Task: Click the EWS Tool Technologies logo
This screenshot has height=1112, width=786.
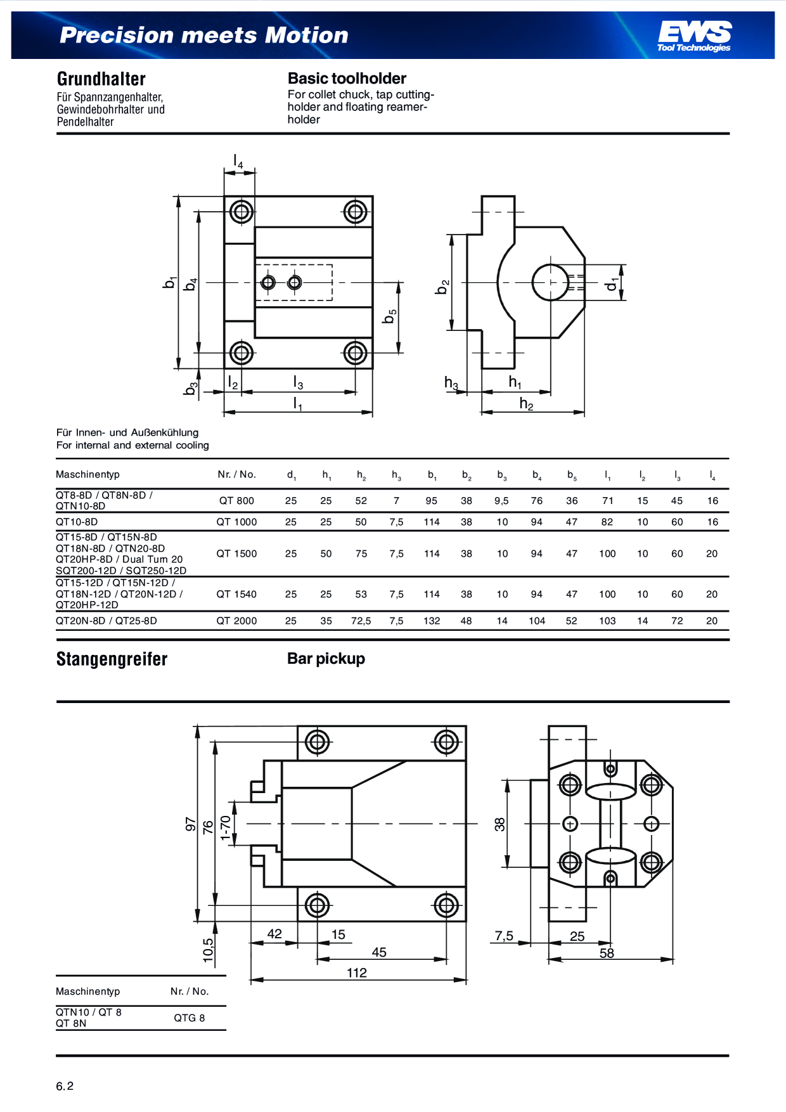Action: [x=694, y=36]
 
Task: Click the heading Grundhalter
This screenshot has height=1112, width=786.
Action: [x=101, y=79]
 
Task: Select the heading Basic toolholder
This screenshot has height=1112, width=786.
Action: [x=347, y=79]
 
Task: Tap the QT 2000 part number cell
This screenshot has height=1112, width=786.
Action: [x=236, y=621]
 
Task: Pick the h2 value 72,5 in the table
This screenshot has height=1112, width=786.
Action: [x=361, y=621]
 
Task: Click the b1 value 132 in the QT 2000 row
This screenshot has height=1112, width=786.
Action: [x=432, y=621]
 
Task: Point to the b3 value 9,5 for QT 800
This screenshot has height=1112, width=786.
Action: [x=501, y=501]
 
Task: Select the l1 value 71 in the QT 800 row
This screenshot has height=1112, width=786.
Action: [x=607, y=501]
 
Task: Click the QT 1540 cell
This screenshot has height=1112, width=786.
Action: [x=236, y=595]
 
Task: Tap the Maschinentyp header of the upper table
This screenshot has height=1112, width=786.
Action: [x=87, y=475]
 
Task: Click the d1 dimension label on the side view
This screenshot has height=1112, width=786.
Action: [x=611, y=283]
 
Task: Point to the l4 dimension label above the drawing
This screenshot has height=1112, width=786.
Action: [x=238, y=162]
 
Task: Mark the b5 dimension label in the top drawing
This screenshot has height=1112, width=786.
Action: [x=390, y=316]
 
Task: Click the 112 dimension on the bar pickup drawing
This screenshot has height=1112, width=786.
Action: [x=356, y=973]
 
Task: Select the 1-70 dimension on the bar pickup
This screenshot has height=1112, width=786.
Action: [x=225, y=828]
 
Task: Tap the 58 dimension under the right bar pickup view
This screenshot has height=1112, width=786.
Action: [x=607, y=954]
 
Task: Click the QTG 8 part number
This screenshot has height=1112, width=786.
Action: [x=190, y=1018]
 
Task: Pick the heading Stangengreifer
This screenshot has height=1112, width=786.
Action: [x=112, y=659]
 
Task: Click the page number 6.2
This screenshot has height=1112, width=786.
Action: [x=65, y=1086]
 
